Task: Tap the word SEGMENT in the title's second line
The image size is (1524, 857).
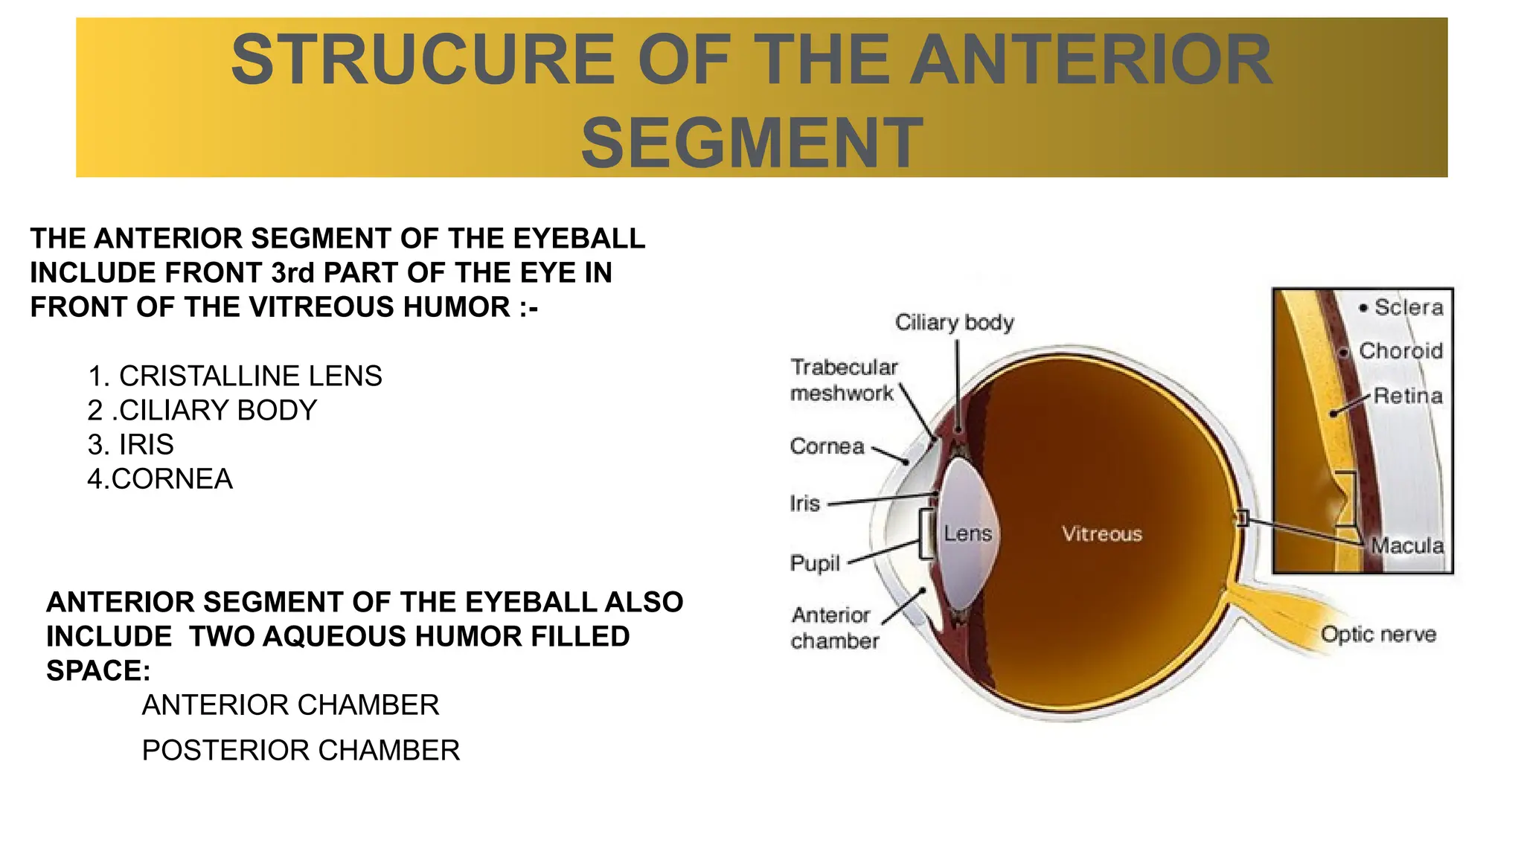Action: pos(752,143)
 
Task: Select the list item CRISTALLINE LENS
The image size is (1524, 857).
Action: pos(250,376)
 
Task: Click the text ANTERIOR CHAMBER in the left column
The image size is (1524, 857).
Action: pos(290,705)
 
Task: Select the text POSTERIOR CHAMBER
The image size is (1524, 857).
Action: pos(301,751)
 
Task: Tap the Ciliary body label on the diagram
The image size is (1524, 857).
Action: pos(954,322)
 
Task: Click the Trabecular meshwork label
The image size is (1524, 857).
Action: pos(843,380)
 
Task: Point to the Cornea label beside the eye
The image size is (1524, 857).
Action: pos(827,446)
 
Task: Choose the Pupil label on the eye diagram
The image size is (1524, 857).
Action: pos(815,563)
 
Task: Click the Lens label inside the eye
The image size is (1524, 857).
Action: pos(967,533)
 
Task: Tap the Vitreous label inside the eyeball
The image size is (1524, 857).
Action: pos(1101,533)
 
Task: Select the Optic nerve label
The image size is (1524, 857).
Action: pos(1378,635)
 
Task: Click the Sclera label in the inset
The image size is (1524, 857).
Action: pos(1408,307)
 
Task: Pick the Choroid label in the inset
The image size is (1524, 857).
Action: pos(1400,350)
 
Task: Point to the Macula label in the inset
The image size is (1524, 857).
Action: pos(1407,546)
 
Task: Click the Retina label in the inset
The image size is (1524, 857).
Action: pos(1407,396)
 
